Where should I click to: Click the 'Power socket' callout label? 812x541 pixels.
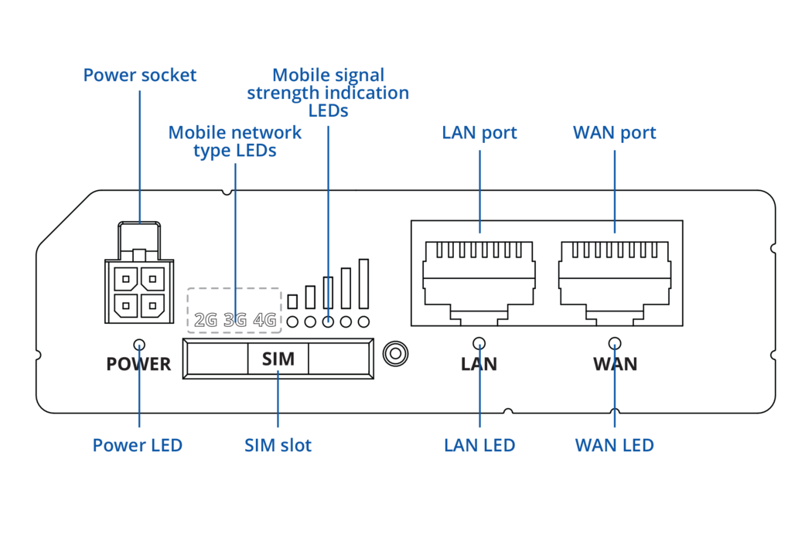pos(140,76)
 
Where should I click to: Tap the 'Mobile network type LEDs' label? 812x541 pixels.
pos(235,141)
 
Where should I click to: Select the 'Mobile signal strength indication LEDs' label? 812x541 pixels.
pos(328,93)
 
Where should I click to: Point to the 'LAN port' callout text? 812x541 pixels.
pos(479,133)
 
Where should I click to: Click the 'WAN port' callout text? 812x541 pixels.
pos(614,133)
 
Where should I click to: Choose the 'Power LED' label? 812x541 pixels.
pos(138,446)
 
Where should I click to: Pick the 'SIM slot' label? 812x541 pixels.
pos(278,446)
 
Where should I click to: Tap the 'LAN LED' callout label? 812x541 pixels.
pos(479,446)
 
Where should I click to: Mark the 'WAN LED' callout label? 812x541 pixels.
pos(614,446)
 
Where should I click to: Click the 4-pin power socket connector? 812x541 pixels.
pos(139,286)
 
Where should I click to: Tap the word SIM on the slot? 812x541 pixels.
pos(278,359)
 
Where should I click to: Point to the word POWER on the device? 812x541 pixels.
pos(138,364)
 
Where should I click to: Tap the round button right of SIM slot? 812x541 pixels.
pos(395,354)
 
